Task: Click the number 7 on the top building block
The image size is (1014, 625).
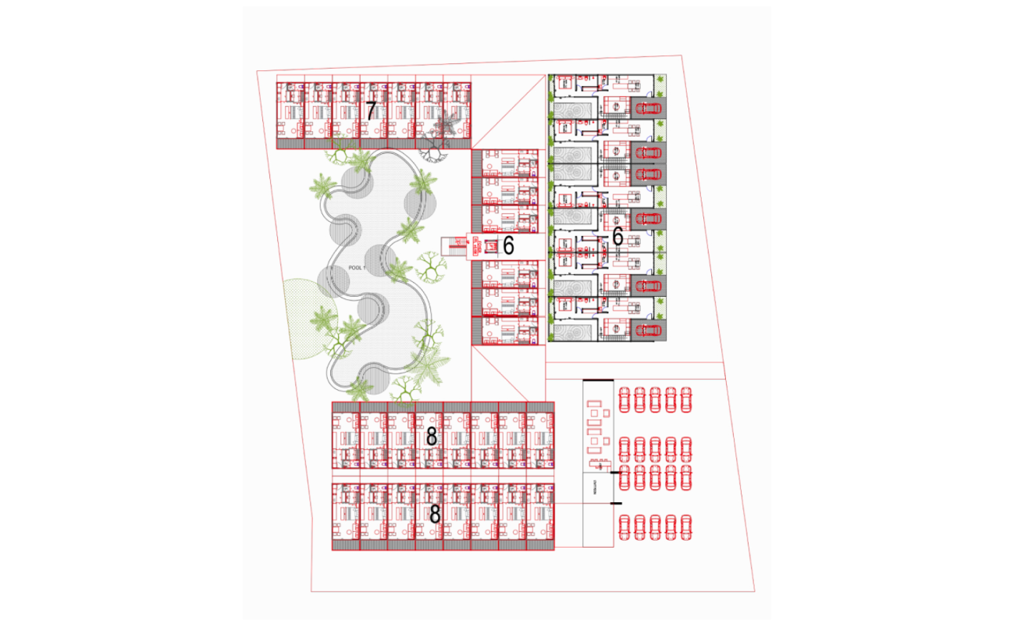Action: point(371,111)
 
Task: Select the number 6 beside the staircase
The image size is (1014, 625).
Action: point(508,246)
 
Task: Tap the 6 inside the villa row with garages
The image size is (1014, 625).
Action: point(617,236)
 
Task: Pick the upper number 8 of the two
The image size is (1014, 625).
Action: point(431,437)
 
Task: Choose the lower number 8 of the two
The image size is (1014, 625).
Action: point(435,514)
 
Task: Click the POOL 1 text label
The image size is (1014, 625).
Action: point(358,268)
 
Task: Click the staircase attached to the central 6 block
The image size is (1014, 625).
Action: point(454,246)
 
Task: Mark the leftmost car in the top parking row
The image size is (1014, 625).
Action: point(624,399)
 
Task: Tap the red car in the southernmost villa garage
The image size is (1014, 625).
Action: point(649,330)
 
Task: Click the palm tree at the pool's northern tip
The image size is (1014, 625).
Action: point(361,161)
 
